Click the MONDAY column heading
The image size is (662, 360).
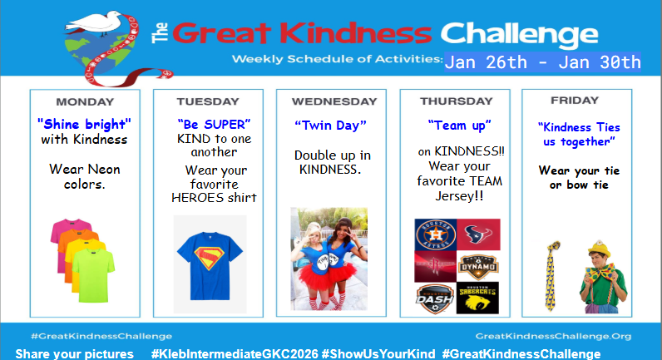tap(84, 102)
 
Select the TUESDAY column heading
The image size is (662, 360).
tap(208, 102)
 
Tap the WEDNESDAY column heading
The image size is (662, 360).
tap(333, 102)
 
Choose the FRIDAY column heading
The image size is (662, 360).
tap(574, 101)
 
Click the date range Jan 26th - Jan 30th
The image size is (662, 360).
tap(543, 62)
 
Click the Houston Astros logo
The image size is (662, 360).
tap(435, 234)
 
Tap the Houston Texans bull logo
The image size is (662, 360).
tap(478, 234)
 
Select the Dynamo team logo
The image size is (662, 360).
tap(478, 266)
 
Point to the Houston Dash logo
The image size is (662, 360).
tap(435, 298)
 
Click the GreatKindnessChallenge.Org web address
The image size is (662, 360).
tap(553, 337)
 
